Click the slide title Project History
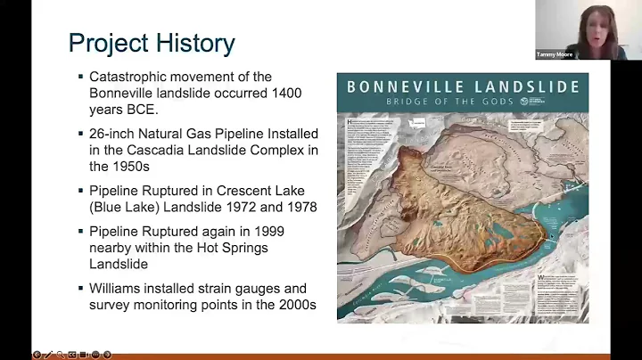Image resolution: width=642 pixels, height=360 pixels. click(x=152, y=42)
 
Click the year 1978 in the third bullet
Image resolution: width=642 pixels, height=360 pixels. click(x=300, y=207)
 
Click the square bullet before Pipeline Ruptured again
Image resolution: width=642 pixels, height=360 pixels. click(x=80, y=232)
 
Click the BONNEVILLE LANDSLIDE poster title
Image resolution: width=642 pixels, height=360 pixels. click(x=463, y=86)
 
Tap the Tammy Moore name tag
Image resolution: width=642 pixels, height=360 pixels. click(x=555, y=54)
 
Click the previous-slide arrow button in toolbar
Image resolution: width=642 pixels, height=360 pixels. click(x=37, y=355)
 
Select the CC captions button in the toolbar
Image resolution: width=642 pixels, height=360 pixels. click(x=71, y=355)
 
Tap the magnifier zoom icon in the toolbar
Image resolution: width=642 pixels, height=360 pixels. click(x=60, y=355)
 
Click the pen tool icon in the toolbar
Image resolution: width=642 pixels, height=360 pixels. click(x=48, y=355)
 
